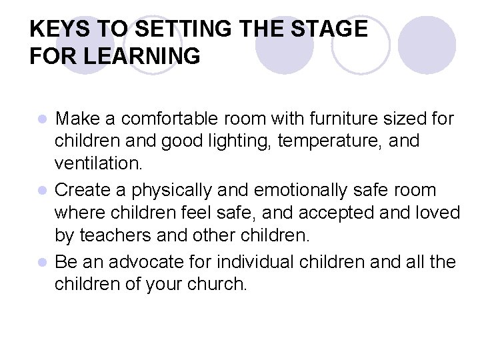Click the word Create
pos(83,191)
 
